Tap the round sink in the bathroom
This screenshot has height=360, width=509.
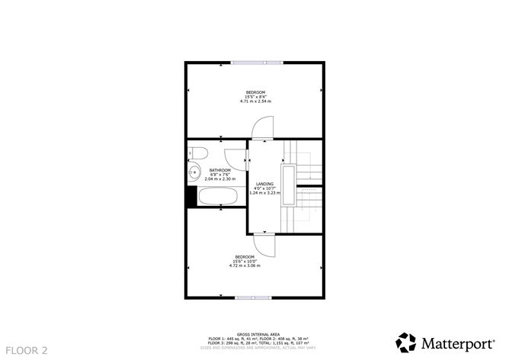pos(194,172)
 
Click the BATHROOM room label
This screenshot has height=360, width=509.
pos(220,170)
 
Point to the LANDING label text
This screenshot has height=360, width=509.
pos(264,184)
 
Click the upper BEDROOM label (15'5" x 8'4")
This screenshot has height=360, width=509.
pos(255,92)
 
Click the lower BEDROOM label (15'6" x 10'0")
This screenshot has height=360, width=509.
pos(245,256)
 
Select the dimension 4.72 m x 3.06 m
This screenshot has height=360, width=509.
pos(245,265)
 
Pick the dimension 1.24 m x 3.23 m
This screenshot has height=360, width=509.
pos(264,193)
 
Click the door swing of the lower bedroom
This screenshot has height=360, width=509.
pos(264,246)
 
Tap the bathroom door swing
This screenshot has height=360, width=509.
pos(242,158)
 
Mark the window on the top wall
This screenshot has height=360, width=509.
pos(254,63)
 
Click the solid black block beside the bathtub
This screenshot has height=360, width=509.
pos(191,197)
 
